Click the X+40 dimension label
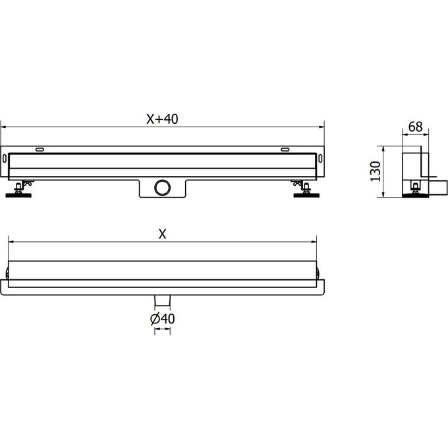pyautogui.click(x=162, y=119)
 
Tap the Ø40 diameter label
pyautogui.click(x=162, y=319)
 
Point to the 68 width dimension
pyautogui.click(x=415, y=126)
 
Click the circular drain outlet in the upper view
pyautogui.click(x=162, y=187)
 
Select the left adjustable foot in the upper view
pyautogui.click(x=20, y=190)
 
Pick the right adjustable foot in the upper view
pyautogui.click(x=304, y=190)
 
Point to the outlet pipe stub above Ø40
pyautogui.click(x=162, y=300)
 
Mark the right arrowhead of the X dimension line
pyautogui.click(x=314, y=242)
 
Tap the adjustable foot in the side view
pyautogui.click(x=414, y=190)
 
